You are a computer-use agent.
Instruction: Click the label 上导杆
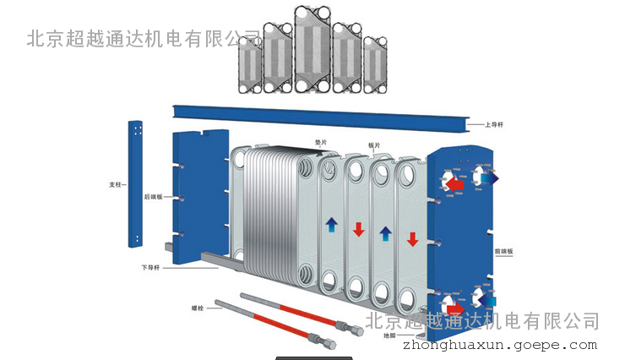(x=496, y=125)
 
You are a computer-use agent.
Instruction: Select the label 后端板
(x=153, y=197)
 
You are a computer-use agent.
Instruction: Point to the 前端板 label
(x=504, y=252)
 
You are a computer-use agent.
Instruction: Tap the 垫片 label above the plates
(x=322, y=143)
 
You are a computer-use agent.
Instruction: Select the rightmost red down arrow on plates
(x=412, y=239)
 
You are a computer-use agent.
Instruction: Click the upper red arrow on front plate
(x=455, y=183)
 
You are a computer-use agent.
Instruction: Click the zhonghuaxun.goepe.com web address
(x=500, y=345)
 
